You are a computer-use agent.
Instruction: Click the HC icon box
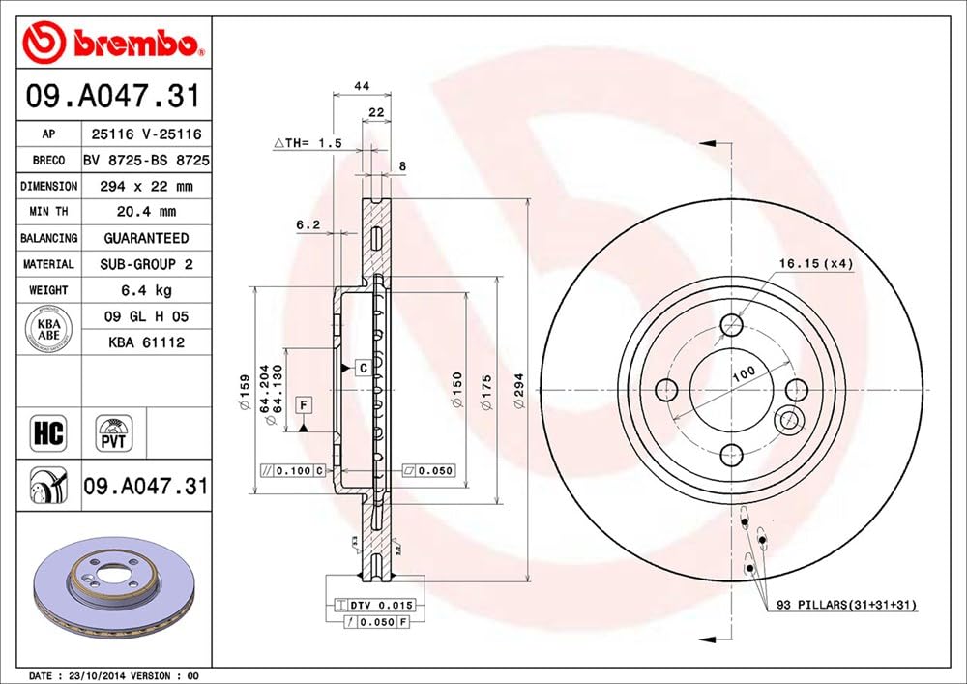pyautogui.click(x=48, y=433)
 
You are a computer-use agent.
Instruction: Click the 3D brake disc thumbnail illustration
pyautogui.click(x=114, y=585)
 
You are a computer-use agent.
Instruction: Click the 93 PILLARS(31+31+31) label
pyautogui.click(x=846, y=605)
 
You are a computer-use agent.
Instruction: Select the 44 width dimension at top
pyautogui.click(x=363, y=86)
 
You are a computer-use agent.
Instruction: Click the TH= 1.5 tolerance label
pyautogui.click(x=308, y=143)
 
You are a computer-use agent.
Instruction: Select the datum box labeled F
pyautogui.click(x=303, y=403)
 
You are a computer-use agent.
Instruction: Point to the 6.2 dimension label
pyautogui.click(x=308, y=224)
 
